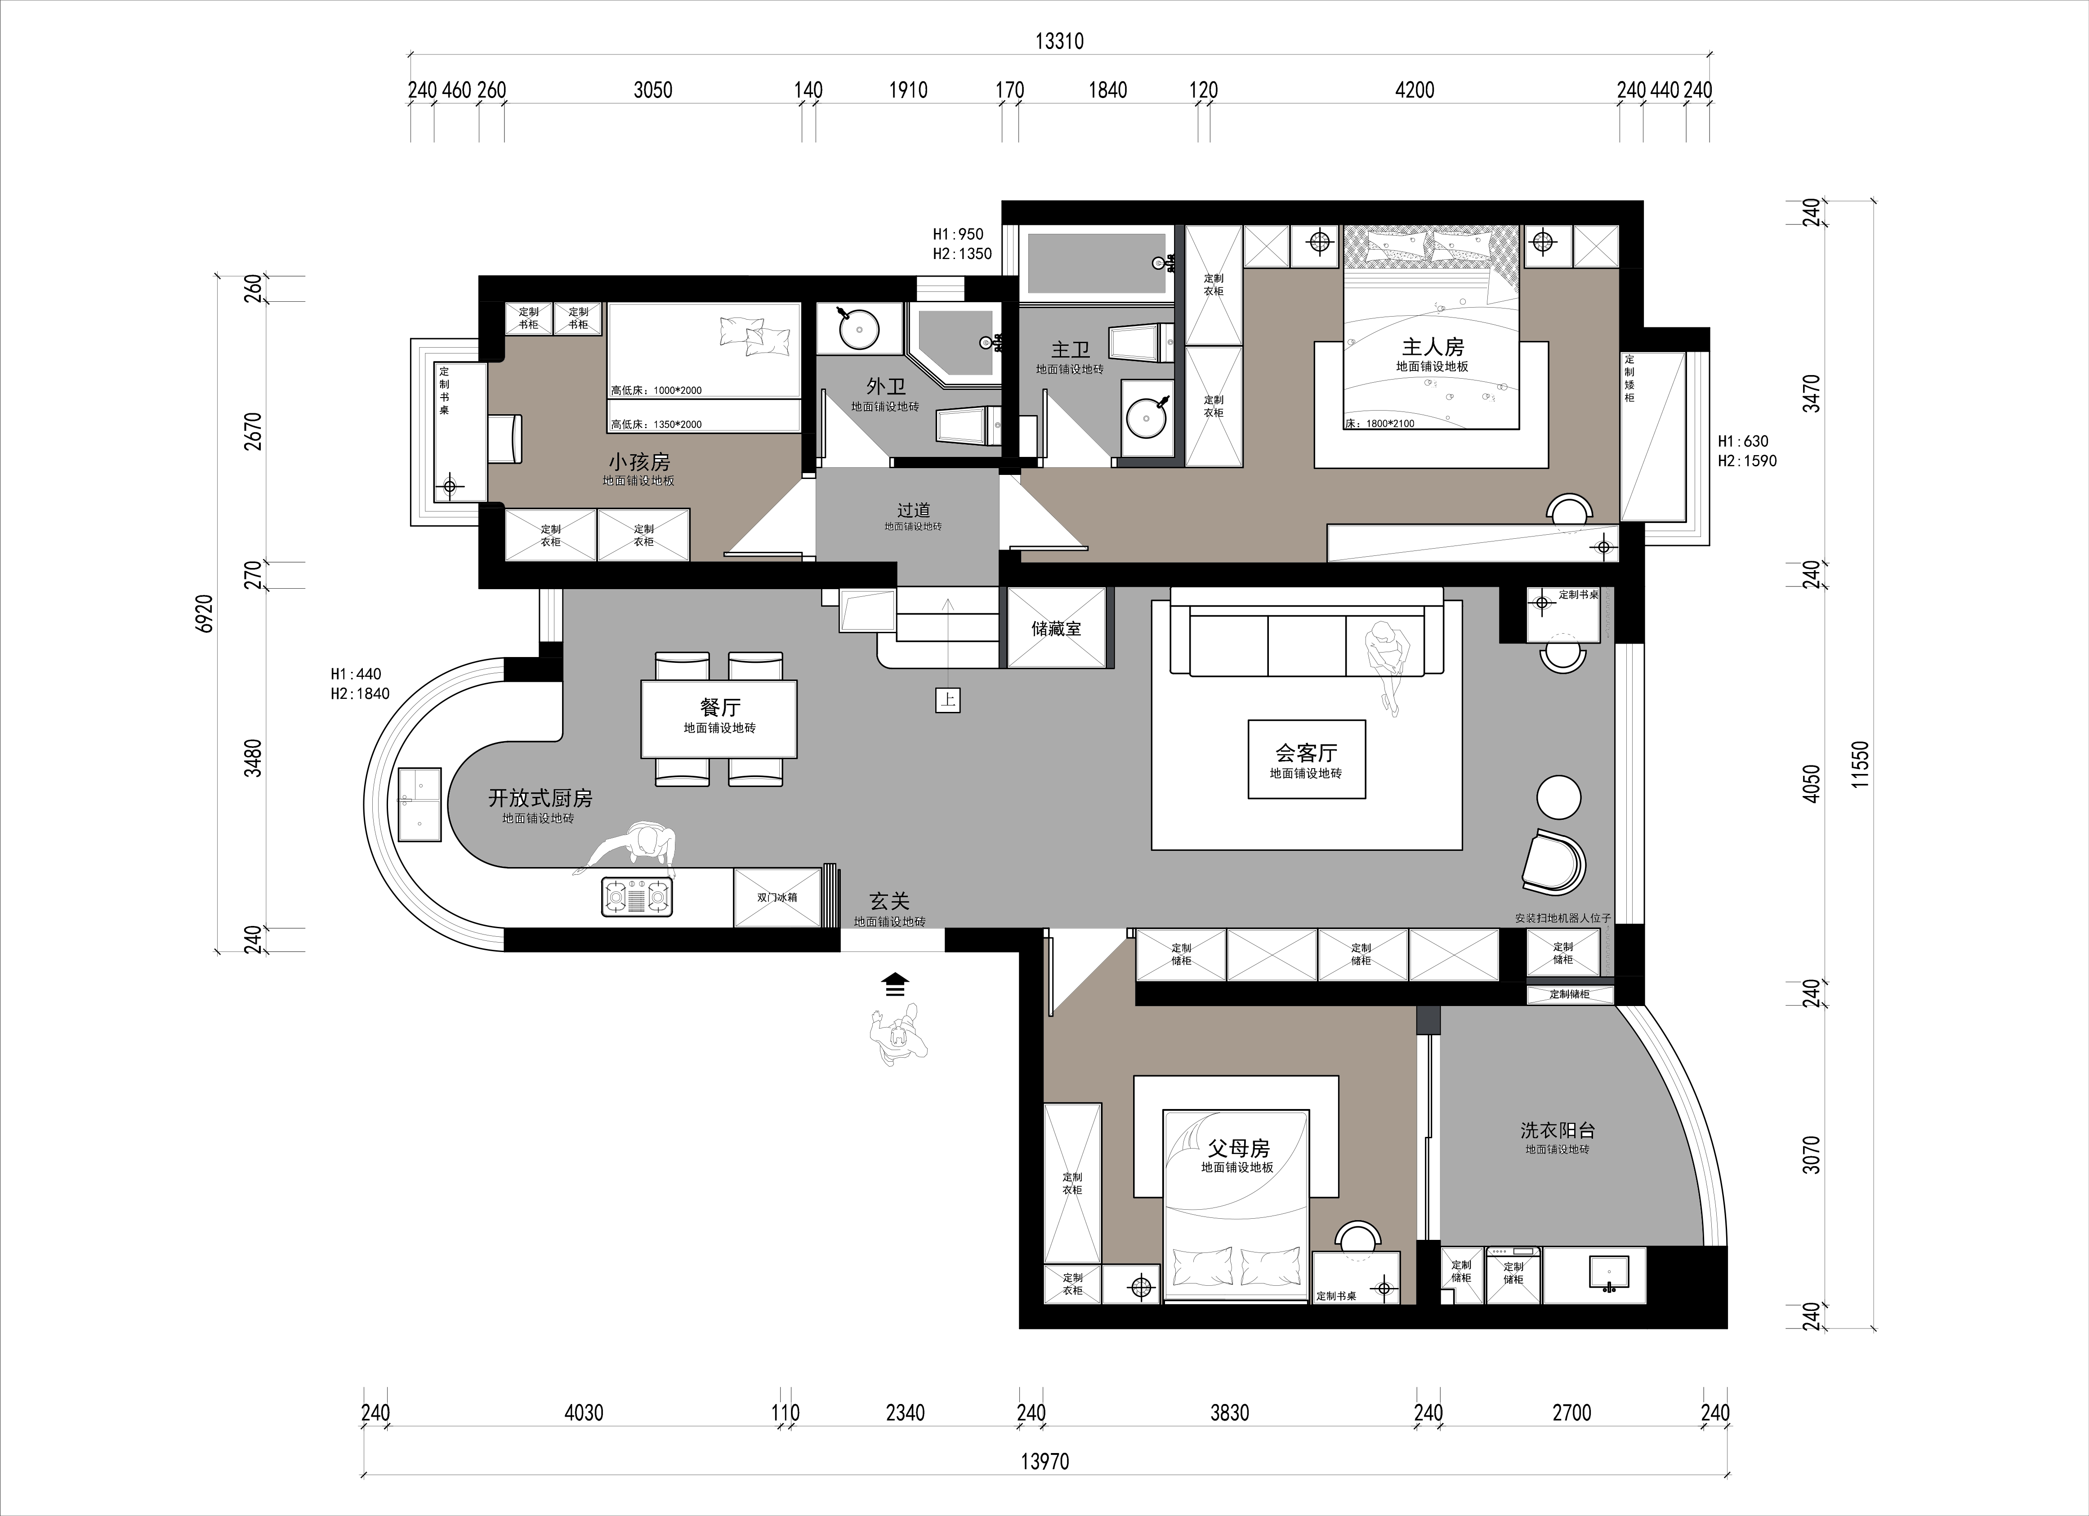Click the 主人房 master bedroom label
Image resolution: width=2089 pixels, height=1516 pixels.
(1432, 347)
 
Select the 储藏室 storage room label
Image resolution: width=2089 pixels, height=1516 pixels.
(1057, 629)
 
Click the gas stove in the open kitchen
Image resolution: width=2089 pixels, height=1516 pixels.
(638, 896)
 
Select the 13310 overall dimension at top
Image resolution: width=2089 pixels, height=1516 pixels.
(1059, 41)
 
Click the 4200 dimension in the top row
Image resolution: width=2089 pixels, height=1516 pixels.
(1415, 90)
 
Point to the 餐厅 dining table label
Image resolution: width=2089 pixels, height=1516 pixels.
(720, 707)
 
